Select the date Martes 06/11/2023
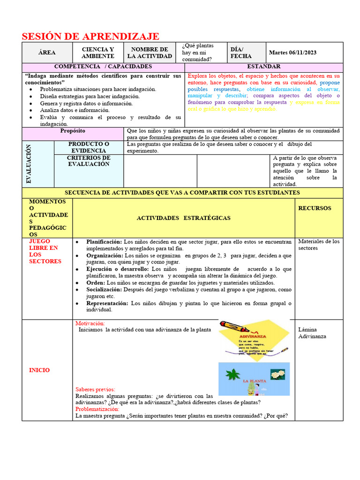point(292,52)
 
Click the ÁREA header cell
point(47,52)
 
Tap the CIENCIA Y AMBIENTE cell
point(98,52)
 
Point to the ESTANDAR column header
point(264,67)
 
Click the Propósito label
point(73,131)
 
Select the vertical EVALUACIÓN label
point(29,164)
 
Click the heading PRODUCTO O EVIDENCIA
point(89,147)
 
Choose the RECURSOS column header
point(315,208)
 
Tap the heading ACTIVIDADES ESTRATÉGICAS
point(183,218)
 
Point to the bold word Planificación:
point(104,241)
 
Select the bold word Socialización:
point(104,290)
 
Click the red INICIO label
point(39,370)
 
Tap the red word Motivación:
point(90,323)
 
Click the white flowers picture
point(277,374)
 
